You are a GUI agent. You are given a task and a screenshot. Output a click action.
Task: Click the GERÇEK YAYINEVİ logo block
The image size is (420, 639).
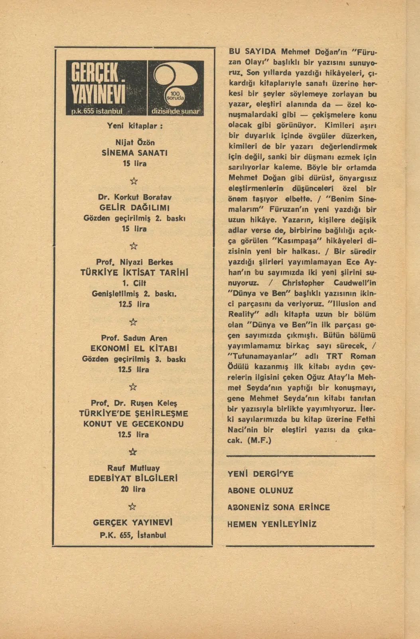(x=106, y=88)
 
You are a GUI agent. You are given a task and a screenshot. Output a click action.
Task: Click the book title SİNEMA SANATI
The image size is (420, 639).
(x=135, y=153)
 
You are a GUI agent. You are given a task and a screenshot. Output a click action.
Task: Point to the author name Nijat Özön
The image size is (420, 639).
(x=135, y=143)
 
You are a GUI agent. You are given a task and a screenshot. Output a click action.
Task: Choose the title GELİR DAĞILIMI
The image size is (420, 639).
(x=135, y=208)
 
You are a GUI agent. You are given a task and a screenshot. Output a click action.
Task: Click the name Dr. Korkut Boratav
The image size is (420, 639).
(x=135, y=197)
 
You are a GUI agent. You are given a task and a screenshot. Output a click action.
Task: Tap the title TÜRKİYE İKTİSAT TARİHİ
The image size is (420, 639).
(x=135, y=273)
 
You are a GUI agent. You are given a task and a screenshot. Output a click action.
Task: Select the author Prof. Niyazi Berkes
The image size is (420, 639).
(x=135, y=262)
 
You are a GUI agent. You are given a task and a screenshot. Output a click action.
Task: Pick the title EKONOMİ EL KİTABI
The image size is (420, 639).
(x=134, y=349)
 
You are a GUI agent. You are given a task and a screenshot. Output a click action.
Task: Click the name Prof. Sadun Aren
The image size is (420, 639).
(x=134, y=338)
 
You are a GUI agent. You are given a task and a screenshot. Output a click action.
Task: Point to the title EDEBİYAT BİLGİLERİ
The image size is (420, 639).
(x=133, y=478)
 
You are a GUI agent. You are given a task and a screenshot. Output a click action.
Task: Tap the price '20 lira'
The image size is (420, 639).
(x=133, y=489)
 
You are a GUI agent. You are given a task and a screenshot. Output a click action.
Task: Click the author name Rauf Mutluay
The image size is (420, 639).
(x=133, y=468)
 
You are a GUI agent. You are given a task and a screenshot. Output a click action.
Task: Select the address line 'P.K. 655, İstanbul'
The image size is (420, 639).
(x=133, y=535)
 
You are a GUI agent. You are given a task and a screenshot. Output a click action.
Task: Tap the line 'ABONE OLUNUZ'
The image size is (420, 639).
(x=260, y=491)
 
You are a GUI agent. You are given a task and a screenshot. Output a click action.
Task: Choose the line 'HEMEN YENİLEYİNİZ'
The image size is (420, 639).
(x=272, y=524)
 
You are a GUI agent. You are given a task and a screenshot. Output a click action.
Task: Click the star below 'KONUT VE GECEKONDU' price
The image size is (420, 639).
(x=133, y=452)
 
